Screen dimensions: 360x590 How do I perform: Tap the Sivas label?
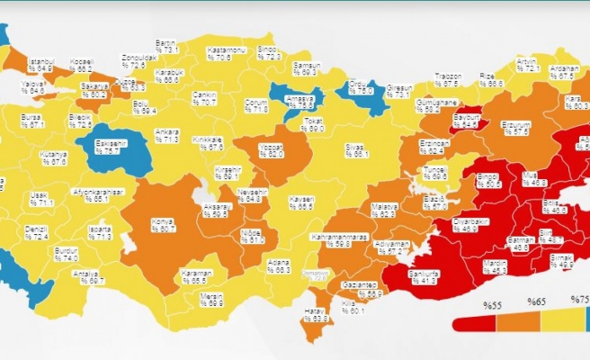(x=358, y=150)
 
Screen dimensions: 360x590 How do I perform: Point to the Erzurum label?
(x=515, y=127)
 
